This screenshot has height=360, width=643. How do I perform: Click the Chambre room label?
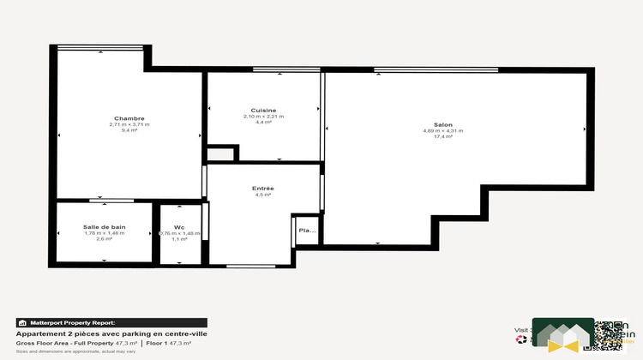click(x=129, y=118)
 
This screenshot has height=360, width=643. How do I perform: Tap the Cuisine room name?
click(x=263, y=110)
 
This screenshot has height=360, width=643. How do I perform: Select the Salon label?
click(x=430, y=124)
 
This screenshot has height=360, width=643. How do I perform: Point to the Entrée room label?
click(x=262, y=189)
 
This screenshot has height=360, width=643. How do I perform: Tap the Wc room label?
click(x=179, y=227)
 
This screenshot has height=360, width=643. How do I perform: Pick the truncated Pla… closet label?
click(x=306, y=230)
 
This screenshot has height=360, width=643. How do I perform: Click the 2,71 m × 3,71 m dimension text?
click(x=129, y=124)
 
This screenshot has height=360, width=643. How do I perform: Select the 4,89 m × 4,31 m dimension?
click(x=442, y=130)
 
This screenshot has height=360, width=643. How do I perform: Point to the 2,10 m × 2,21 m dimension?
click(x=263, y=116)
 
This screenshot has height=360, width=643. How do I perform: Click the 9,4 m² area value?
click(x=129, y=130)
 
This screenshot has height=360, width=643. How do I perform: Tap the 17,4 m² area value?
click(x=442, y=136)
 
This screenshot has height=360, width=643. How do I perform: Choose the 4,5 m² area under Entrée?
click(x=262, y=195)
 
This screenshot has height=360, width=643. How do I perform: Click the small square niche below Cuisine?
click(x=221, y=154)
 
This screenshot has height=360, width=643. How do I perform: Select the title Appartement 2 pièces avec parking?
click(x=112, y=333)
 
